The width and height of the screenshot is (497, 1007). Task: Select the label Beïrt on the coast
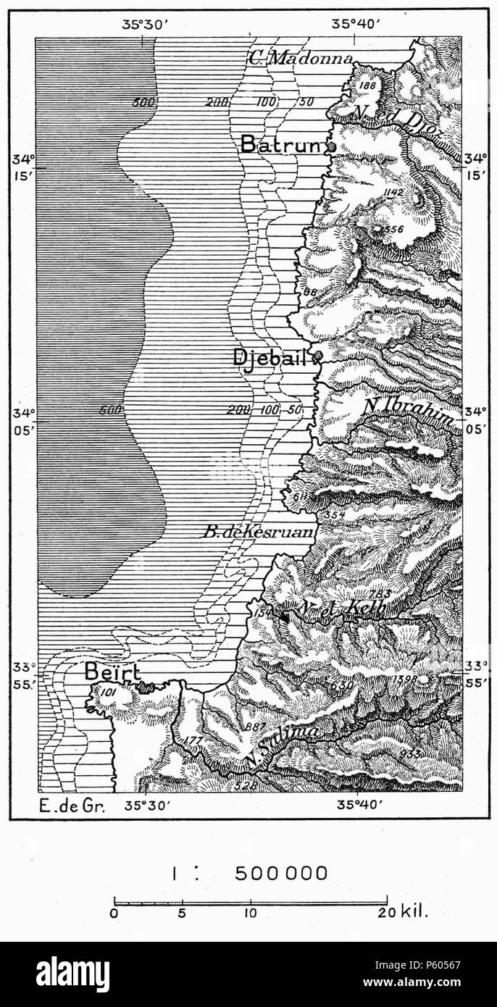pos(111,672)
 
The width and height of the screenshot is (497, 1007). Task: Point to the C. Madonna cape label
pos(300,59)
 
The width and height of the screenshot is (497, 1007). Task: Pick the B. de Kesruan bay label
pos(257,532)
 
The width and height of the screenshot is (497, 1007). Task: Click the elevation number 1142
pos(393,192)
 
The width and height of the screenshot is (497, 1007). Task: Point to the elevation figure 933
pos(409,754)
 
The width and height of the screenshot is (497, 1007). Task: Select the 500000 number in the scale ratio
pos(281,874)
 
